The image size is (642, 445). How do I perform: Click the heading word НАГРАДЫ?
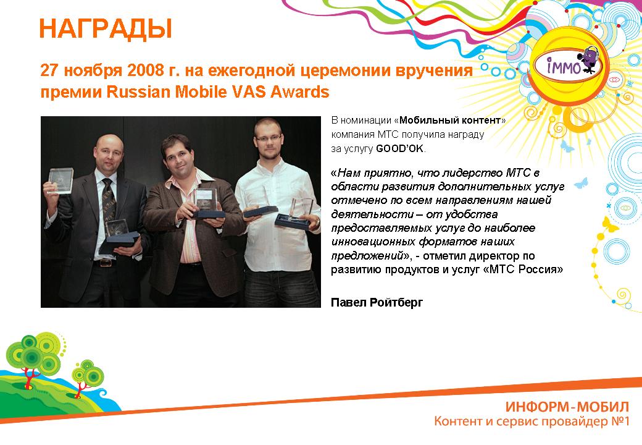click(105, 28)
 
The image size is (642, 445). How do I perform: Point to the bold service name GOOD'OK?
click(399, 148)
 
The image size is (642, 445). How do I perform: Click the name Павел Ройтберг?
click(377, 302)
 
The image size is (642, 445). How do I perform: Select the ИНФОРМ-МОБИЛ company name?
click(567, 407)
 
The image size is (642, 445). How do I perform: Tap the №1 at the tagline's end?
click(620, 422)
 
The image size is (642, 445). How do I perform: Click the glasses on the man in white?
click(268, 138)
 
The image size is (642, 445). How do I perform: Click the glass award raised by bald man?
click(60, 180)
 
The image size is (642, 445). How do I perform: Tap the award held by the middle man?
click(208, 203)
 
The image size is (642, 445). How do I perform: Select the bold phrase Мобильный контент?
click(450, 120)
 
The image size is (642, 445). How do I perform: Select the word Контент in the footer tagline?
click(458, 422)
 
